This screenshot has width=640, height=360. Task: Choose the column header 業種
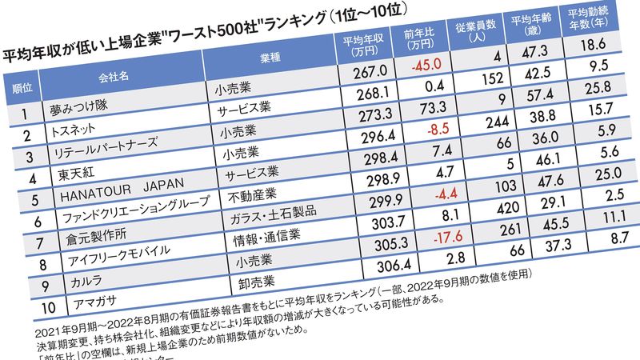(x=268, y=63)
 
